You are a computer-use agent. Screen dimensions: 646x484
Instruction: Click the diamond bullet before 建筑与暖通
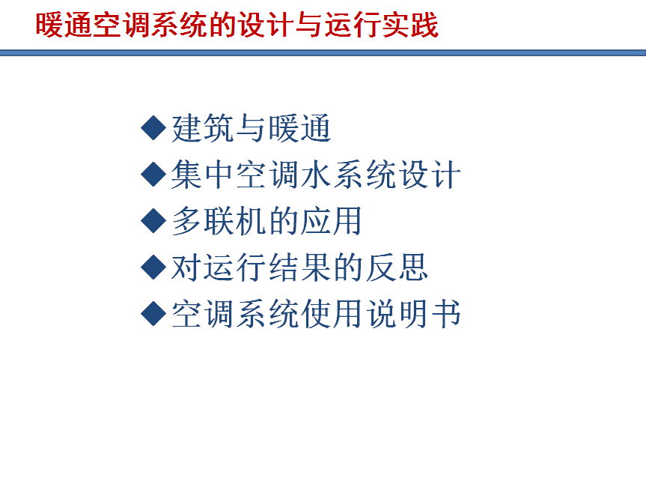coord(153,128)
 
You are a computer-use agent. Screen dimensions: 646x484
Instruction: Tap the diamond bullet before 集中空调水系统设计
coord(153,175)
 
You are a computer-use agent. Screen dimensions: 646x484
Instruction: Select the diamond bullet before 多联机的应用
coord(153,220)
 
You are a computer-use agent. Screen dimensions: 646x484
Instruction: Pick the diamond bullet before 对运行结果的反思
coord(153,267)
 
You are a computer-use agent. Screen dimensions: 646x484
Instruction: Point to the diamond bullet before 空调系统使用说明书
coord(153,314)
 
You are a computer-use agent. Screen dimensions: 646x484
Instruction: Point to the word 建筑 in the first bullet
coord(204,128)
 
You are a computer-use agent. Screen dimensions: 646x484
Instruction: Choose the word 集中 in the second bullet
coord(204,175)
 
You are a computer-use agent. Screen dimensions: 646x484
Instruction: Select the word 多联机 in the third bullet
coord(219,221)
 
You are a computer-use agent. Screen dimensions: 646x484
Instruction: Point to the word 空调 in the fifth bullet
coord(204,314)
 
